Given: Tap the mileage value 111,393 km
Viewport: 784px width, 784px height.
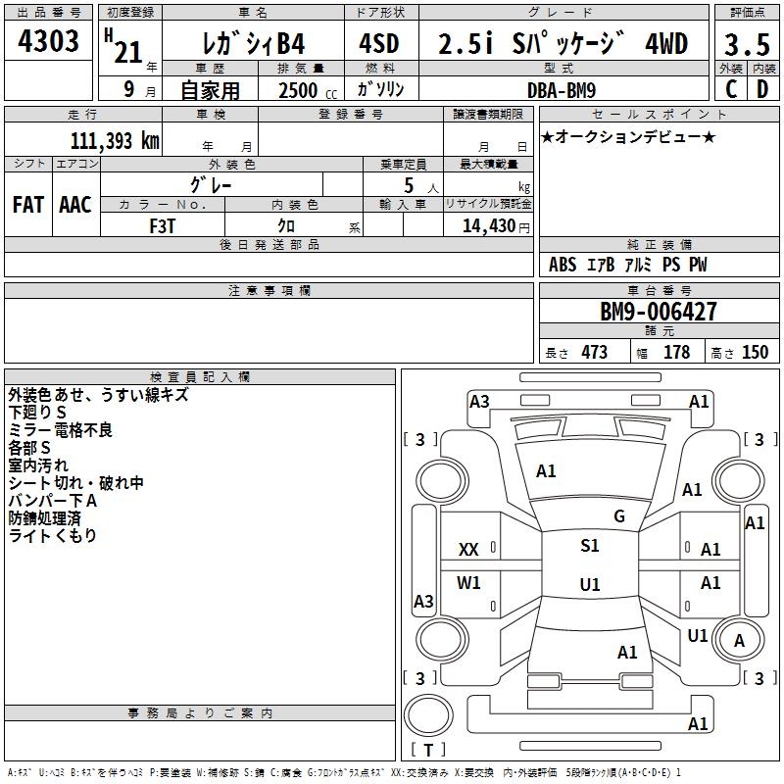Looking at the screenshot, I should [115, 141].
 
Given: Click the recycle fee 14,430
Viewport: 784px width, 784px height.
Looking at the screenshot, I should [488, 225].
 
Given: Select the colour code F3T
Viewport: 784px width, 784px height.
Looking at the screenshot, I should [164, 225].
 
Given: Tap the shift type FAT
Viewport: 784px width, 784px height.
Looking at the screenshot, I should [27, 205].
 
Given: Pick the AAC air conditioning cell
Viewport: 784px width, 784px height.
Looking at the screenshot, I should [75, 205].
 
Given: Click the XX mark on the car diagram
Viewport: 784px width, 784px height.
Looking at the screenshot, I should [468, 550].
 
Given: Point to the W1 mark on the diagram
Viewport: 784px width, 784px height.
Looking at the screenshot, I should [468, 583].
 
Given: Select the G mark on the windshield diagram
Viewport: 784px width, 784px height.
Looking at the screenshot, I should [618, 516].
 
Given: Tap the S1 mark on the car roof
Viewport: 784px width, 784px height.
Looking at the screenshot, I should [589, 546].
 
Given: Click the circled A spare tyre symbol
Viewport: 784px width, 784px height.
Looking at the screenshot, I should [739, 640].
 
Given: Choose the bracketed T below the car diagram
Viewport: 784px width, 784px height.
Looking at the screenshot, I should [428, 750].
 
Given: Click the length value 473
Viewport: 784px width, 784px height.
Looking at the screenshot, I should [594, 353].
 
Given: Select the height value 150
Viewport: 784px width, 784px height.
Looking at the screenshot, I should [755, 353].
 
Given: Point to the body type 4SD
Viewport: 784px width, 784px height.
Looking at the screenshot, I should [378, 45].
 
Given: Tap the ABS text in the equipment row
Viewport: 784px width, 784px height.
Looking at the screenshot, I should [563, 265].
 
